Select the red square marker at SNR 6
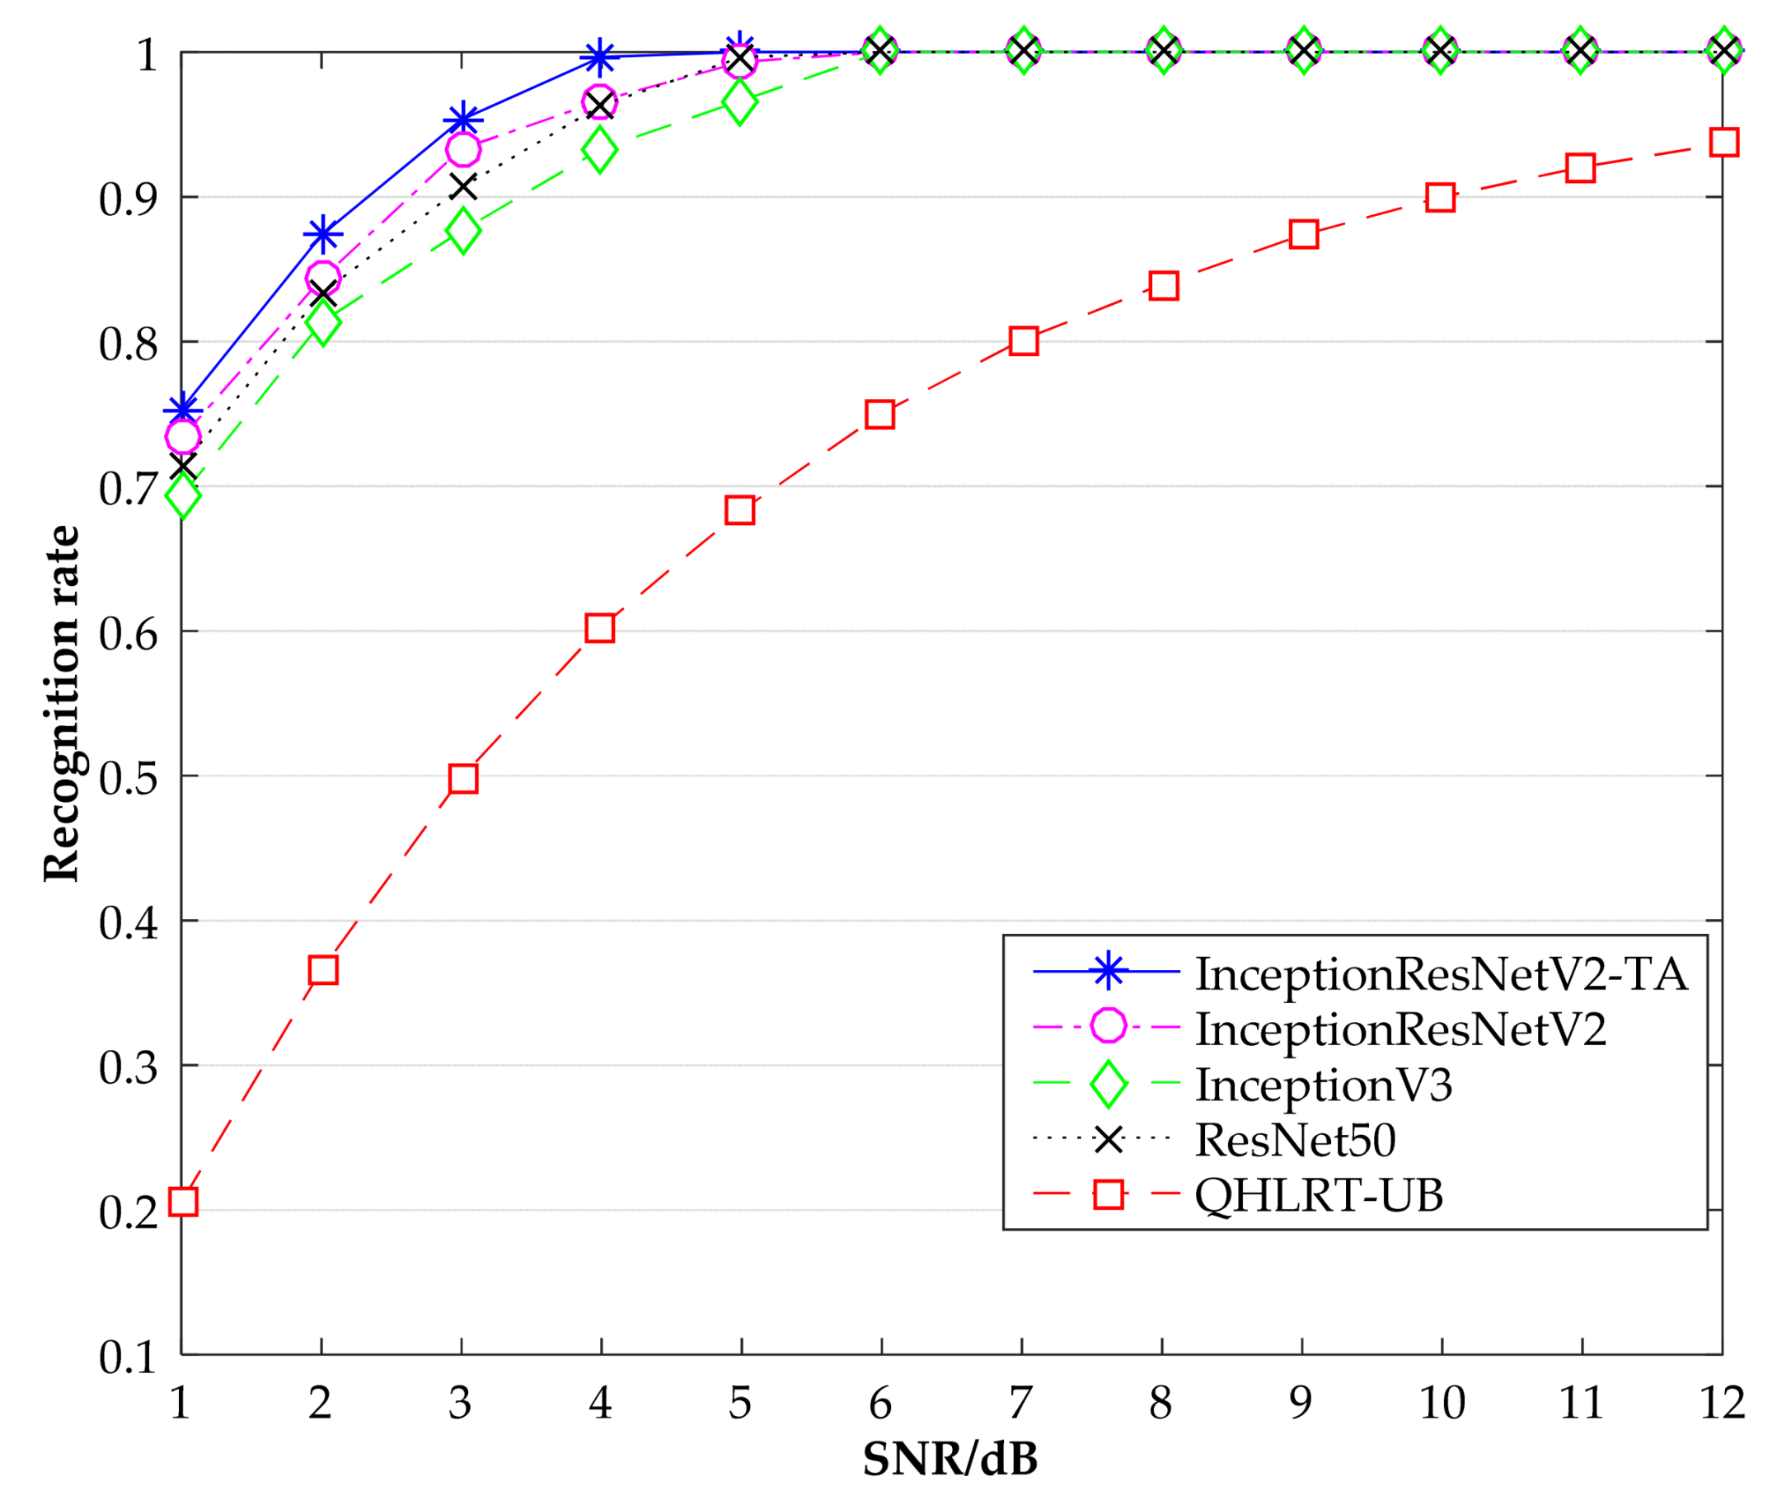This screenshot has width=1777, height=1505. coord(879,415)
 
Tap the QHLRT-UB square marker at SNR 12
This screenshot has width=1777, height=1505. coord(1724,143)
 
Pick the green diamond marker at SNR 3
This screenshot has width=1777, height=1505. coord(463,230)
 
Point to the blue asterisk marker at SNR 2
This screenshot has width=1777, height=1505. coord(322,234)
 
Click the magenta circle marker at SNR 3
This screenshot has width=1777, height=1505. coord(463,150)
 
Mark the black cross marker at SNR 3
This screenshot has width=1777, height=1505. coord(463,186)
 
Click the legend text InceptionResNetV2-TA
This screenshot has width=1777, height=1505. coord(1441,973)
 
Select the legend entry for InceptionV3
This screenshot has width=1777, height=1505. coord(1323,1085)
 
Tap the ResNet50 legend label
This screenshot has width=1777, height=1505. coord(1295,1140)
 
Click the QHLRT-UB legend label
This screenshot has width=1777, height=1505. coord(1319,1195)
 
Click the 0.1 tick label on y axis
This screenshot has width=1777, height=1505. coord(128,1357)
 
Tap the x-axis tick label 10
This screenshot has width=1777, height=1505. coord(1442,1404)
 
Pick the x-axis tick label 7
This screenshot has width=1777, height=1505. coord(1020,1404)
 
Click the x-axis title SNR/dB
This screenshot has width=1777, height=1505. coord(950,1460)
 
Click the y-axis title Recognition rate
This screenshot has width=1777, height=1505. coord(62,704)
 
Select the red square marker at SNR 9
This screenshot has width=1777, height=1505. coord(1304,234)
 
